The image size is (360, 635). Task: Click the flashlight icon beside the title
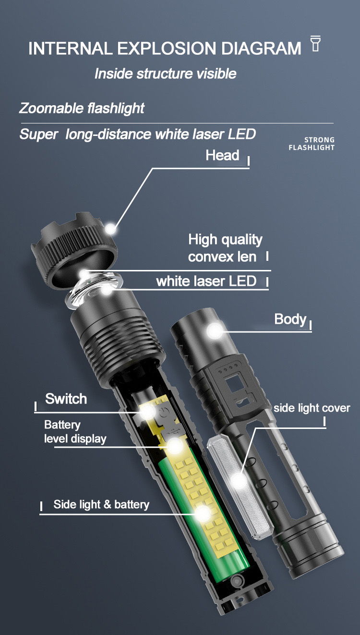click(315, 43)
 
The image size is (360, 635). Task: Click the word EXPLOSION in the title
click(167, 48)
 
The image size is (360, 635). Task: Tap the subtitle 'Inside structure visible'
click(166, 73)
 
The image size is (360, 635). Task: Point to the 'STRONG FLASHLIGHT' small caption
click(312, 144)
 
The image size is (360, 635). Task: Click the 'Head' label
click(222, 155)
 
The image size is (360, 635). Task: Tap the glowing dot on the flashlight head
click(110, 229)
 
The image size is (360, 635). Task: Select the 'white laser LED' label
click(206, 281)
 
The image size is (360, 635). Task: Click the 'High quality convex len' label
click(225, 248)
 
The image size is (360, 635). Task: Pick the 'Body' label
click(290, 319)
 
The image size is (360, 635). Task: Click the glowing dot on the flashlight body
click(215, 330)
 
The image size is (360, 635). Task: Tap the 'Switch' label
click(66, 399)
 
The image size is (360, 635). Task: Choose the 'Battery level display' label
click(75, 432)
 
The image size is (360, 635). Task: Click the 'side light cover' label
click(312, 408)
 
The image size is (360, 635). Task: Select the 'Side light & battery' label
click(101, 504)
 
